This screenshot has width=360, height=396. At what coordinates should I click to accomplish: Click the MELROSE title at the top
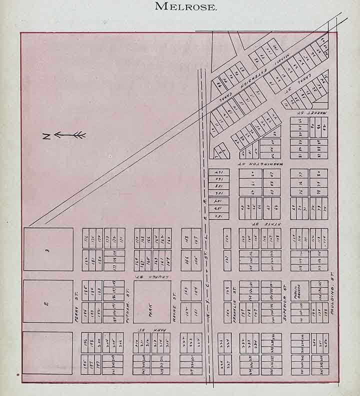(186, 6)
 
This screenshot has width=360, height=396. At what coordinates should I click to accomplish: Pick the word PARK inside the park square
(152, 302)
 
